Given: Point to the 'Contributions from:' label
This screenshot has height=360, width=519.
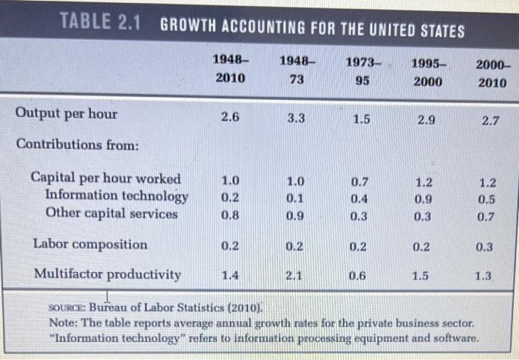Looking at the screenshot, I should click(77, 145).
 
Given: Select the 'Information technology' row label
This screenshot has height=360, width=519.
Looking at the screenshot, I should click(116, 196).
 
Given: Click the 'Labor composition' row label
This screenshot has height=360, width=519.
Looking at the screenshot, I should click(90, 244).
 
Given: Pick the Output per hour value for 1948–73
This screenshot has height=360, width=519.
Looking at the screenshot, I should click(295, 116).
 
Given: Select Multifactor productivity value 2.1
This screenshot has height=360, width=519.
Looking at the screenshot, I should click(294, 275).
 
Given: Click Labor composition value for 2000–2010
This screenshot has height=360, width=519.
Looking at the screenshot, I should click(484, 247).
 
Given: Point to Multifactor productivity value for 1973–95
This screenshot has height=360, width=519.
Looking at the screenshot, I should click(357, 276).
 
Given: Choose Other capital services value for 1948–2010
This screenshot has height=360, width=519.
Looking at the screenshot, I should click(231, 215).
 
